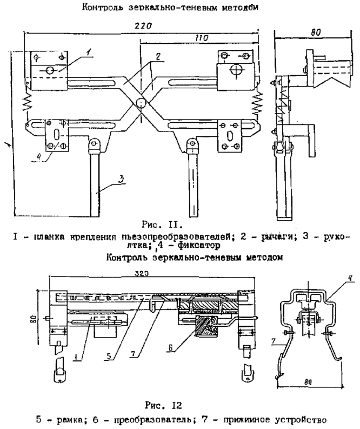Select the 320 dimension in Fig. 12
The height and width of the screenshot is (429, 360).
(143, 274)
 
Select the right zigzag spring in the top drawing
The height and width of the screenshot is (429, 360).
(258, 98)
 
